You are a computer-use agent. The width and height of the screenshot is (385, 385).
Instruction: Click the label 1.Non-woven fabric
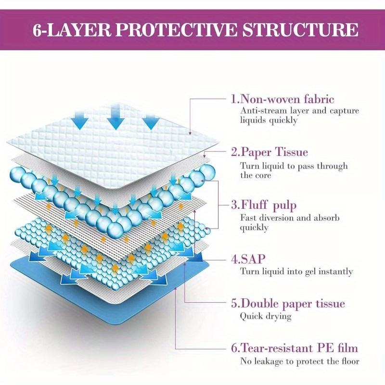(282, 100)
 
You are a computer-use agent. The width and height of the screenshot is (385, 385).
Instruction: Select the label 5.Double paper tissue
(287, 304)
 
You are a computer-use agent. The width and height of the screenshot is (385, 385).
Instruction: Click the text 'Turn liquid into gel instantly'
(296, 271)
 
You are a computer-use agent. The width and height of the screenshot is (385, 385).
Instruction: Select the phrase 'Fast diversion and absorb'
(290, 218)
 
